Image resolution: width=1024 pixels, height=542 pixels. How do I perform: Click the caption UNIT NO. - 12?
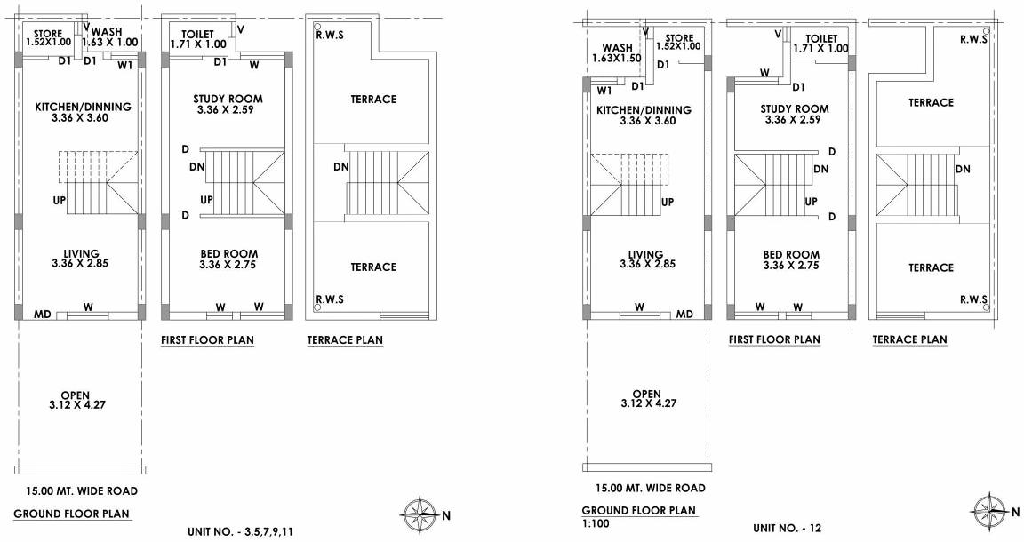[x=787, y=528]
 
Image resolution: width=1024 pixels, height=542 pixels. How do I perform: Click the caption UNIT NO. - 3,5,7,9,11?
[x=240, y=531]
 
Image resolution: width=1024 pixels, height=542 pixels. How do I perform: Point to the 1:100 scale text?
[x=595, y=524]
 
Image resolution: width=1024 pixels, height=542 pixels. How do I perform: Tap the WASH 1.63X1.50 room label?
[x=616, y=53]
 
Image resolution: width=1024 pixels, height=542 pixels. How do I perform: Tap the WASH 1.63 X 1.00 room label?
[x=115, y=36]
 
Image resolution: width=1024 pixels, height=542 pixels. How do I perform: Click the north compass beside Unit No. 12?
[x=987, y=513]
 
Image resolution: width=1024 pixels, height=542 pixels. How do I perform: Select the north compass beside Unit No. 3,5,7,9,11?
[x=417, y=513]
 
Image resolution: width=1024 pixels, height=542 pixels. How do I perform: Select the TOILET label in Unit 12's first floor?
[x=821, y=44]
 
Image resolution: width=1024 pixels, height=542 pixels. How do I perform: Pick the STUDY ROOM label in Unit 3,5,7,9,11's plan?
[x=228, y=104]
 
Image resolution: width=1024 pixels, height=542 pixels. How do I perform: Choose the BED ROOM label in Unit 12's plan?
[x=790, y=259]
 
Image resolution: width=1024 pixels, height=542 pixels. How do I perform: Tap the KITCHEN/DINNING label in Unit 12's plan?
[x=644, y=116]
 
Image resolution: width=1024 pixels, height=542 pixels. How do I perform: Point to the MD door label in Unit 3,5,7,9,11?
[x=41, y=315]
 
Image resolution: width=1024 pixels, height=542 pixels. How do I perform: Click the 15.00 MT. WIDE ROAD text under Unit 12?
[x=651, y=488]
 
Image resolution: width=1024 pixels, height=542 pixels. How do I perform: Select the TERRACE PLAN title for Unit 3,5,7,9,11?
[x=345, y=339]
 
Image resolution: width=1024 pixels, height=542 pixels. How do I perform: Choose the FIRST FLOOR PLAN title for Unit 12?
[x=774, y=339]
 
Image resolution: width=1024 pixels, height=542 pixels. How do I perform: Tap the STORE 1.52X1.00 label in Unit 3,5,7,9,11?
[x=47, y=37]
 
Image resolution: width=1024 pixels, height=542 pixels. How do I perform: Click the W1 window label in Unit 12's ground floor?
[x=604, y=91]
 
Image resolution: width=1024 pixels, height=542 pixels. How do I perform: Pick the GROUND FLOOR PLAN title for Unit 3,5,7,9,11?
[x=71, y=514]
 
